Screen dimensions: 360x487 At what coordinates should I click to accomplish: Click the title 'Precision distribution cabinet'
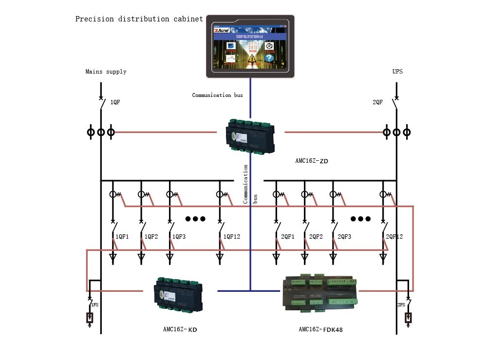point(139,19)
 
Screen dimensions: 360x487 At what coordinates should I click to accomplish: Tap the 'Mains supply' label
point(106,72)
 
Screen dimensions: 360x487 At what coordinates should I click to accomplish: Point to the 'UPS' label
point(397,72)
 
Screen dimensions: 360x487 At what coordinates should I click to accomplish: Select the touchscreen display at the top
point(250,46)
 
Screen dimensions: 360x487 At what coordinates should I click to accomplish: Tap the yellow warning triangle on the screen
point(252,59)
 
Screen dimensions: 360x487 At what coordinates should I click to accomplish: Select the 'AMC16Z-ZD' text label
point(312,161)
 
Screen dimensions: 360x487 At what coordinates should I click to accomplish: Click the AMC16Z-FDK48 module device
point(321,293)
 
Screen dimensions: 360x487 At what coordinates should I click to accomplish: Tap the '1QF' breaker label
point(115,102)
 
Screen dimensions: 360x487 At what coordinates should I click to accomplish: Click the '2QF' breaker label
point(378,102)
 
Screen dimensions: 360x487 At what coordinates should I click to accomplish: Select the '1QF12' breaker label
point(232,237)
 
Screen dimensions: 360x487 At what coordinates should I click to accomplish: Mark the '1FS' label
point(94,304)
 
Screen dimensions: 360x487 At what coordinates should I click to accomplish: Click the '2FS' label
point(401,304)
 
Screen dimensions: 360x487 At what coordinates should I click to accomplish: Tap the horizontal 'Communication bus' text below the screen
point(217,95)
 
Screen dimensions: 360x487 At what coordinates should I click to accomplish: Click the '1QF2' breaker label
point(151,237)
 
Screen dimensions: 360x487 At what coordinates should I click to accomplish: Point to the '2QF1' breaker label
point(288,237)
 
